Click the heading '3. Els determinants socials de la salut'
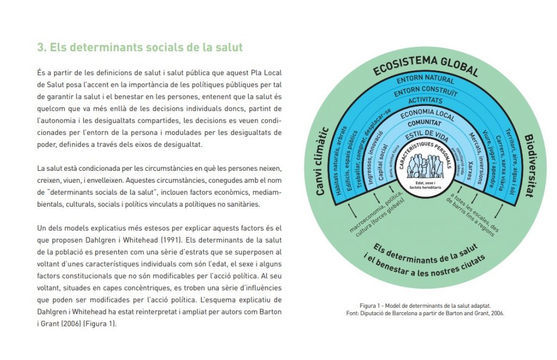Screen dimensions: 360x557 tap(140, 47)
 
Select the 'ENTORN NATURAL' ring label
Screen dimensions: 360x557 tap(425, 80)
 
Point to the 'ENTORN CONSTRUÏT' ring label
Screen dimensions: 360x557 tap(425, 91)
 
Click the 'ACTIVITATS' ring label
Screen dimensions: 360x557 tap(425, 101)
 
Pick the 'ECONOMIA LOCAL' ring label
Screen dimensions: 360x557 tap(425, 115)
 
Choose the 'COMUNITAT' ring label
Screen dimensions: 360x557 tap(425, 125)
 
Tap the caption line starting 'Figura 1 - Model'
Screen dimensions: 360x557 tap(425, 306)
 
